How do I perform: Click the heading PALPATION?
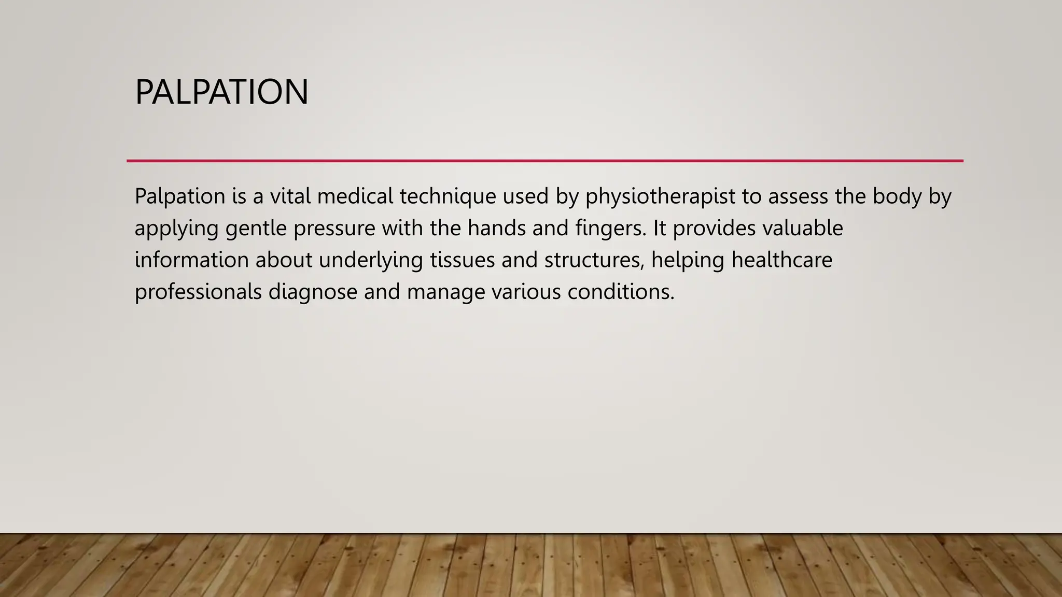tap(221, 92)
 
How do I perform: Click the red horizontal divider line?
tap(544, 161)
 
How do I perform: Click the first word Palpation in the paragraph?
tap(180, 196)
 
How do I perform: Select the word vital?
tap(290, 196)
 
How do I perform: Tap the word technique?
tap(448, 196)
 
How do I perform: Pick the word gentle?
tap(256, 229)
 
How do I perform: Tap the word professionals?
tap(198, 292)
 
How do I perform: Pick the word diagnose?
tap(313, 292)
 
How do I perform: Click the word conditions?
tap(621, 292)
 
